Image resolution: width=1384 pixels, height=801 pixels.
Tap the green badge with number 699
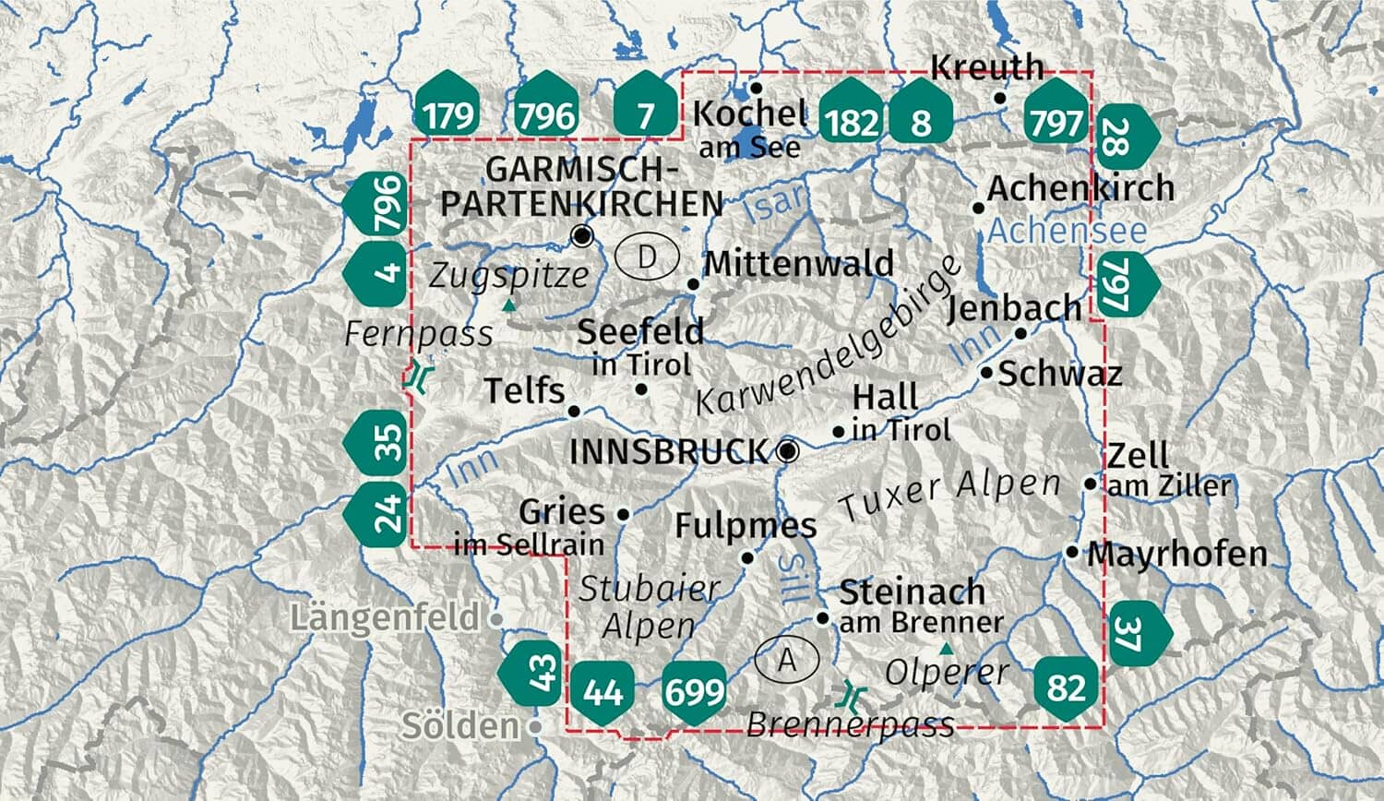(x=695, y=690)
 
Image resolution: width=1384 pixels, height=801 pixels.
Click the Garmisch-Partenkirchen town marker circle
(x=581, y=235)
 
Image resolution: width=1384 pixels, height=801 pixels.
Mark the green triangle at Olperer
(x=944, y=648)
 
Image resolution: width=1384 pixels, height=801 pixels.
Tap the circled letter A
(x=787, y=659)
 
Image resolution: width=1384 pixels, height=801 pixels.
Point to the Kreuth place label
(x=986, y=67)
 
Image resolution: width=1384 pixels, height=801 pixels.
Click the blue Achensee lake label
(x=1067, y=231)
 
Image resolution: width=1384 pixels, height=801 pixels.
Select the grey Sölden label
(x=460, y=726)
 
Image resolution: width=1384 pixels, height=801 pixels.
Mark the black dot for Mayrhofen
(x=1072, y=553)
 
